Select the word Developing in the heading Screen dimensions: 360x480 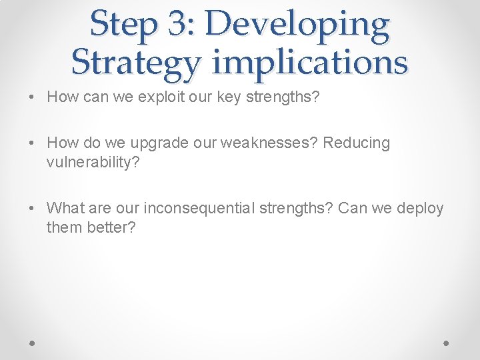297,25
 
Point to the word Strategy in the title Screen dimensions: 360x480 135,62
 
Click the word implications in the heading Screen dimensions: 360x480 310,62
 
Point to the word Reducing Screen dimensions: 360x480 357,143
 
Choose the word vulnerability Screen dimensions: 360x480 93,162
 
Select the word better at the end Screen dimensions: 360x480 111,227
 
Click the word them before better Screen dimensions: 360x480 65,227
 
